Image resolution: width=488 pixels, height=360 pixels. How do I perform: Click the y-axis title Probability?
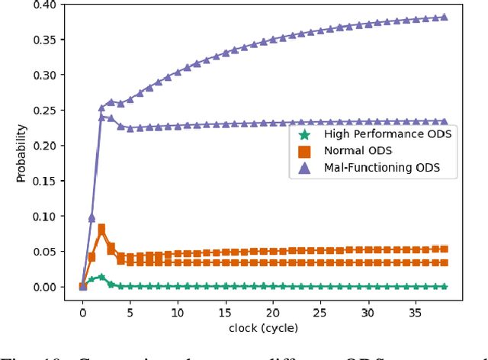click(21, 153)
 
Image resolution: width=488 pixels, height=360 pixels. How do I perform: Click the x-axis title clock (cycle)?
click(263, 328)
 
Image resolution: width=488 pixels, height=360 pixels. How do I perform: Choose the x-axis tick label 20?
click(273, 311)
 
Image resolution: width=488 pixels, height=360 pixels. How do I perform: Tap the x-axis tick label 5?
click(130, 311)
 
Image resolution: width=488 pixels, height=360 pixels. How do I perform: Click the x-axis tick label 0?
click(83, 311)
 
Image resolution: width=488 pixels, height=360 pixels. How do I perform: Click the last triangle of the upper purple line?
click(444, 17)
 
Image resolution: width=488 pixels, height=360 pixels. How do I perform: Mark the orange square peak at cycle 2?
click(102, 228)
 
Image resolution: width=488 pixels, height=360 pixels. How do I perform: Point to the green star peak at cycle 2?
click(102, 278)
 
